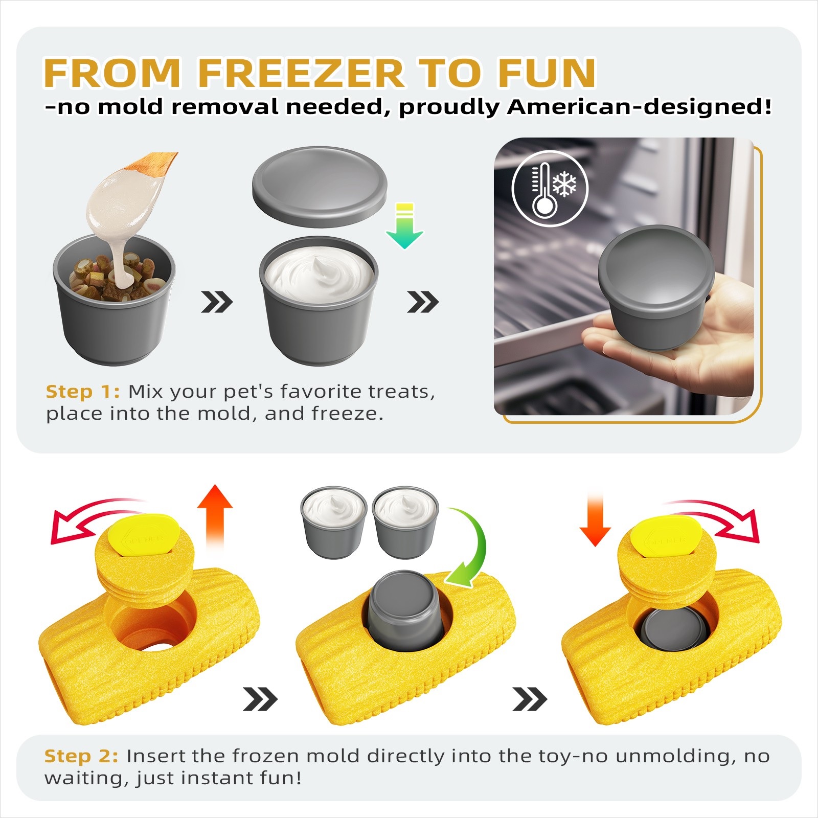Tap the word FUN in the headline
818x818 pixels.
point(547,73)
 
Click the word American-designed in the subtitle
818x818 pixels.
point(639,107)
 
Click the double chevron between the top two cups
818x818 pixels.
point(217,302)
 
